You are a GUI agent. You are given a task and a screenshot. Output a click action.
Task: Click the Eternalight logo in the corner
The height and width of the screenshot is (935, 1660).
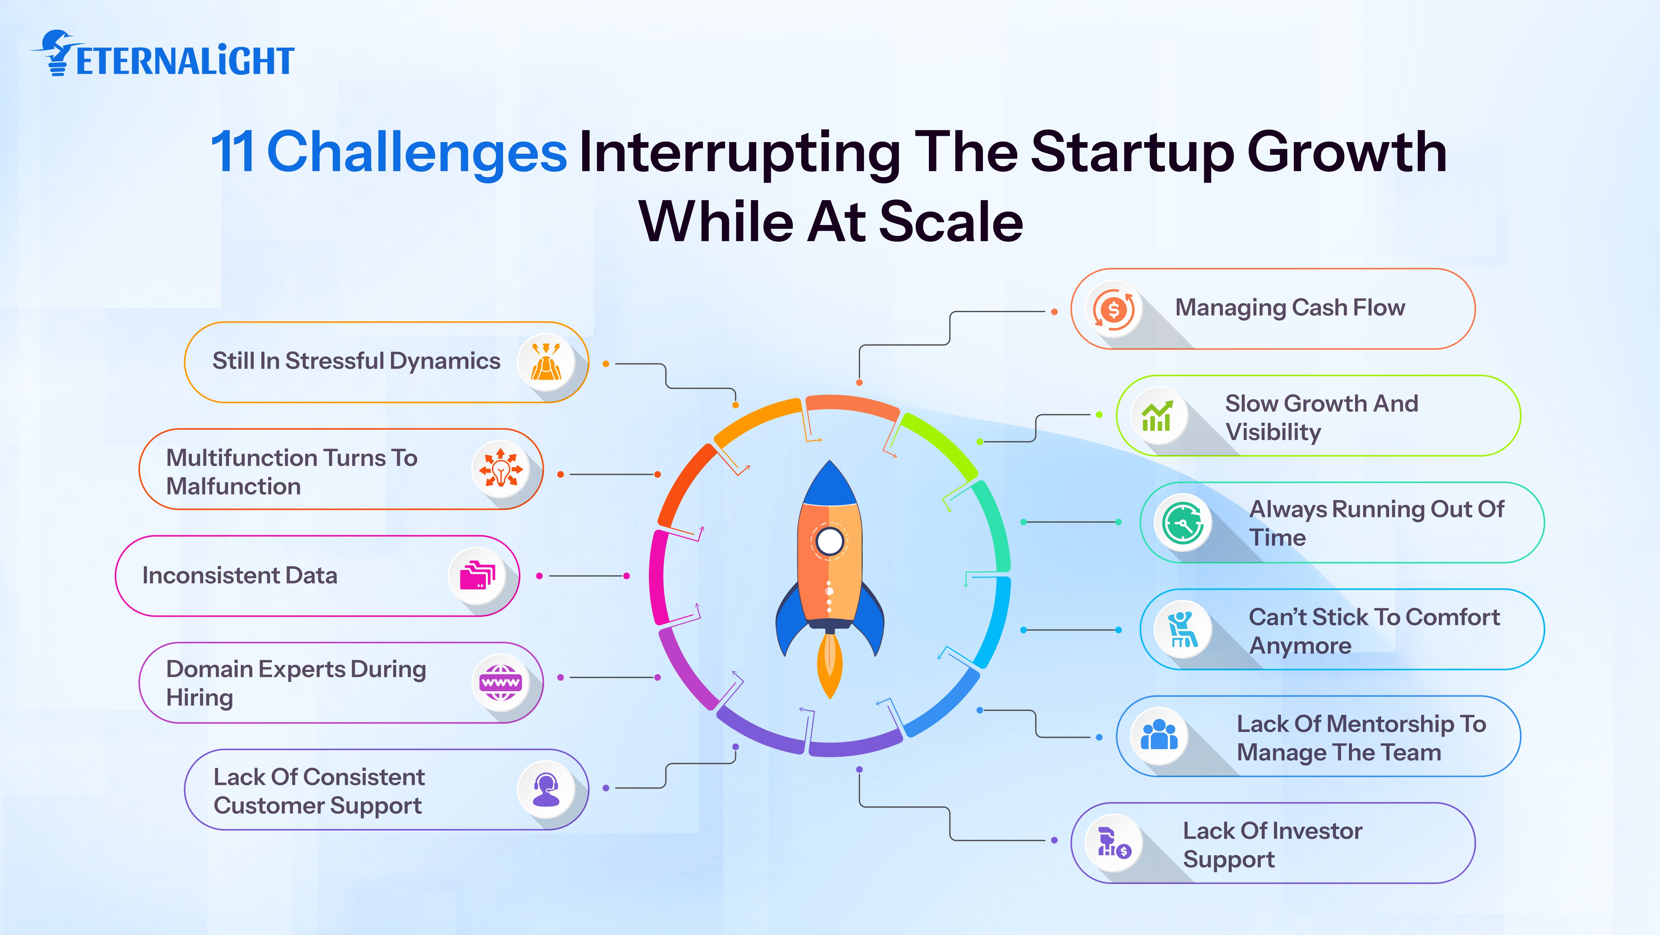click(x=162, y=55)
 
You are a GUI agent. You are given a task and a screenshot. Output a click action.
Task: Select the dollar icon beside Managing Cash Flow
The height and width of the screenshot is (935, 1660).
click(x=1113, y=309)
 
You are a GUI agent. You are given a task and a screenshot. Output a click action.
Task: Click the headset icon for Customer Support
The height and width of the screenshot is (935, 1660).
click(x=546, y=789)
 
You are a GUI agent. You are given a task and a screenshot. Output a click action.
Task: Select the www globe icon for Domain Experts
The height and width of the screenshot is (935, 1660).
click(x=500, y=682)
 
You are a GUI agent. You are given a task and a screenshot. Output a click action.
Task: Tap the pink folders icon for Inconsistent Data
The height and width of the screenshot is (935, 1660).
click(x=477, y=576)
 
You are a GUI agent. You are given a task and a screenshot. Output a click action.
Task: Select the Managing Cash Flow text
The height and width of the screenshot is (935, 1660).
click(x=1289, y=308)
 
